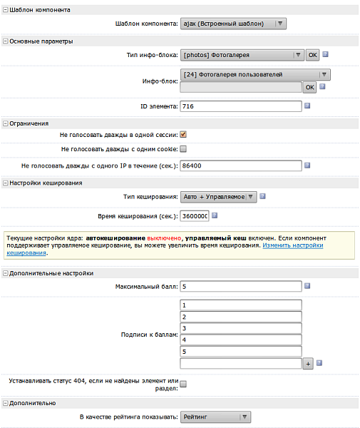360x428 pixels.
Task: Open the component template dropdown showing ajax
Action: click(x=233, y=24)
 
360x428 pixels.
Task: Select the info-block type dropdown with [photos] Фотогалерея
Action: click(x=242, y=54)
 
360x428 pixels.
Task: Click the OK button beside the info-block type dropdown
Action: click(x=312, y=54)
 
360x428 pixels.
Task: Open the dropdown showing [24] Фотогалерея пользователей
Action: click(x=256, y=74)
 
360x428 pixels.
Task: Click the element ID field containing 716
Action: click(x=241, y=106)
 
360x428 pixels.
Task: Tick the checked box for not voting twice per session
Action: click(x=183, y=134)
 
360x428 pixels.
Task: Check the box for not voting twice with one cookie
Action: click(x=183, y=149)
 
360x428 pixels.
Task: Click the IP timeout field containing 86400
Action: click(x=241, y=165)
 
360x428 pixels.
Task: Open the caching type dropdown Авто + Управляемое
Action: click(x=218, y=197)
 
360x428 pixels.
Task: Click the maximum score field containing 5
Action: click(x=241, y=287)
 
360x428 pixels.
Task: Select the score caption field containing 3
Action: click(x=241, y=328)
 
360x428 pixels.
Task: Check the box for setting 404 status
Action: click(x=183, y=385)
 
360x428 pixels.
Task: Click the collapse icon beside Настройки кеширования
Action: click(x=5, y=183)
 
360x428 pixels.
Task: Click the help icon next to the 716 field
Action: click(x=307, y=106)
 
